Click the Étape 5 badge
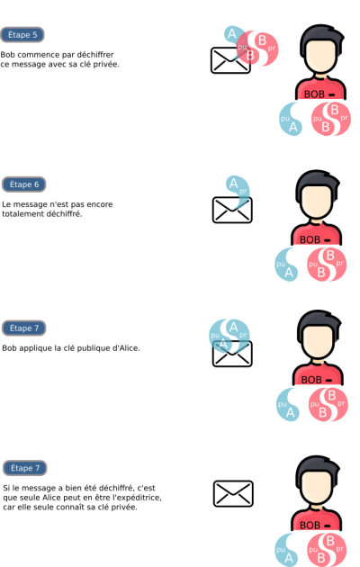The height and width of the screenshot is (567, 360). point(22,35)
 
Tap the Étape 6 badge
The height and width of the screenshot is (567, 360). point(24,184)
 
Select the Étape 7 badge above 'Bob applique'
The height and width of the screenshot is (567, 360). point(24,328)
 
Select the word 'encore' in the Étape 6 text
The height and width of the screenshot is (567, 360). point(102,204)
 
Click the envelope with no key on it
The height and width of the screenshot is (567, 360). point(233,493)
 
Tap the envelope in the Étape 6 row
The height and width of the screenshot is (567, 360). point(232,210)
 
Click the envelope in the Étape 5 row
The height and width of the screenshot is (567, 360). point(230,60)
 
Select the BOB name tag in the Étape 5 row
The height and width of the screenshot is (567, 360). point(319,94)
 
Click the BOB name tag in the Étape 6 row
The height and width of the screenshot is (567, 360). point(315,239)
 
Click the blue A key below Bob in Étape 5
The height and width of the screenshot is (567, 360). point(290,119)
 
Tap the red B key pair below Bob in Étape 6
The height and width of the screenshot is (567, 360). point(327,265)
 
